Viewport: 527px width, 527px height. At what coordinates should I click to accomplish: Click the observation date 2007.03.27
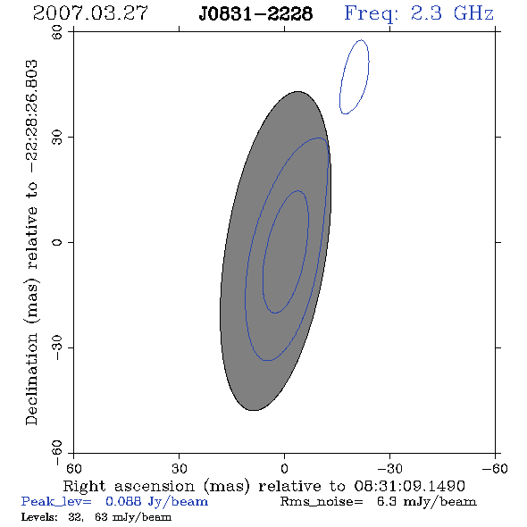[x=90, y=13]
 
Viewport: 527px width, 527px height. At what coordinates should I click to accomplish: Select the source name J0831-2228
[x=255, y=14]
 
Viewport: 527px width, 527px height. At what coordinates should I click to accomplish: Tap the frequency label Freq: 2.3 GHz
[x=419, y=14]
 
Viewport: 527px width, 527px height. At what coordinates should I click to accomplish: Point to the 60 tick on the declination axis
[x=57, y=32]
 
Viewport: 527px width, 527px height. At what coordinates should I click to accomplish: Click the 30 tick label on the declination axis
[x=57, y=138]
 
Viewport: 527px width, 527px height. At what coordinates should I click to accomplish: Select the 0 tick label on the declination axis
[x=57, y=242]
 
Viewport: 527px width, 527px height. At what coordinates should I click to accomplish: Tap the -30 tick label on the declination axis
[x=57, y=347]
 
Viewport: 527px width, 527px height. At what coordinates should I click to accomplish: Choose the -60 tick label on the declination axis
[x=57, y=453]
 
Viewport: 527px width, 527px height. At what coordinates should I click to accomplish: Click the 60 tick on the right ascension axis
[x=73, y=469]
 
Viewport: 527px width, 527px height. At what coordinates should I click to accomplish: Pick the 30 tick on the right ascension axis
[x=180, y=469]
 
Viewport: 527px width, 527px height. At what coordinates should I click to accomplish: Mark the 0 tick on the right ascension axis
[x=284, y=469]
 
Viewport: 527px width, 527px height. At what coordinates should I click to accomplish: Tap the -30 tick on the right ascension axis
[x=389, y=469]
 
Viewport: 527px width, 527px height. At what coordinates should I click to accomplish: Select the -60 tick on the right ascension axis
[x=495, y=469]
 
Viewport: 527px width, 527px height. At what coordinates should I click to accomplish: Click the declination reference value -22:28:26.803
[x=32, y=117]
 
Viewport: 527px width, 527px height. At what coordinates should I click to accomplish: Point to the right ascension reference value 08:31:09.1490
[x=410, y=486]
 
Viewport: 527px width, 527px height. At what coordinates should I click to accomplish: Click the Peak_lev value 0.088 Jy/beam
[x=156, y=502]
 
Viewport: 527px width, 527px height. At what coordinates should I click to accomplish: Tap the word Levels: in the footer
[x=39, y=517]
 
